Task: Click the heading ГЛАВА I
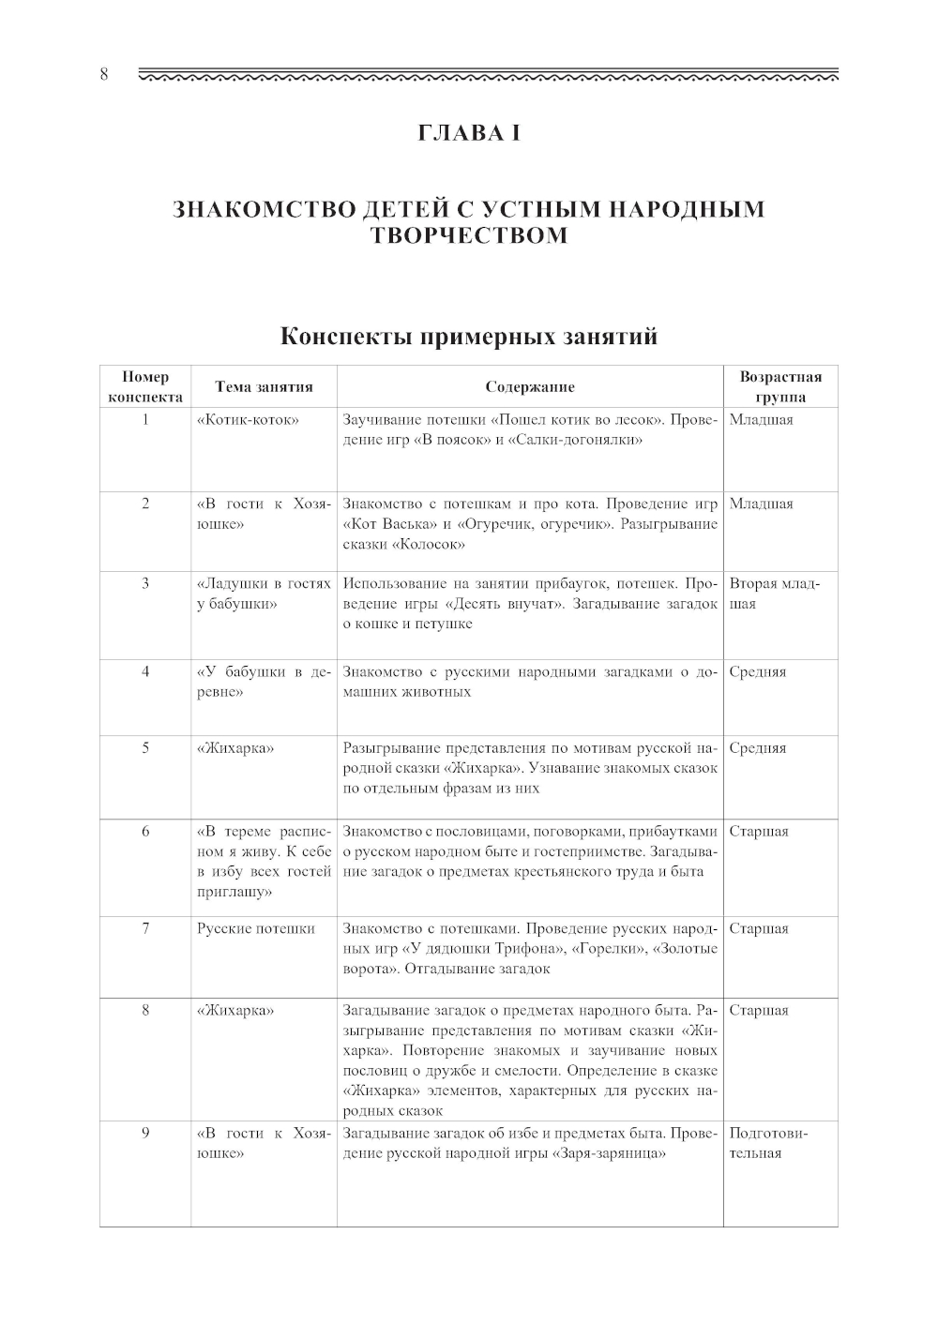pyautogui.click(x=468, y=133)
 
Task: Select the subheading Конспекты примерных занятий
pyautogui.click(x=468, y=337)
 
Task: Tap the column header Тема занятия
pyautogui.click(x=264, y=386)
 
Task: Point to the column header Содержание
pyautogui.click(x=530, y=386)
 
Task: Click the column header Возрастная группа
pyautogui.click(x=780, y=386)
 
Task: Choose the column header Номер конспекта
pyautogui.click(x=145, y=386)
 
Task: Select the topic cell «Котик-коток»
pyautogui.click(x=248, y=419)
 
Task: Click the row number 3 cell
pyautogui.click(x=145, y=583)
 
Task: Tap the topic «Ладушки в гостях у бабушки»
pyautogui.click(x=264, y=594)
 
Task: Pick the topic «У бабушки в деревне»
pyautogui.click(x=264, y=682)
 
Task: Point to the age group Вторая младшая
pyautogui.click(x=775, y=594)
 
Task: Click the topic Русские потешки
pyautogui.click(x=256, y=928)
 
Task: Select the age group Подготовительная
pyautogui.click(x=769, y=1143)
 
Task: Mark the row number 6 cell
pyautogui.click(x=145, y=831)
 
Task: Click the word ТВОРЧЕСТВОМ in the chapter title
pyautogui.click(x=468, y=235)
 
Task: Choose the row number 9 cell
pyautogui.click(x=145, y=1133)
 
